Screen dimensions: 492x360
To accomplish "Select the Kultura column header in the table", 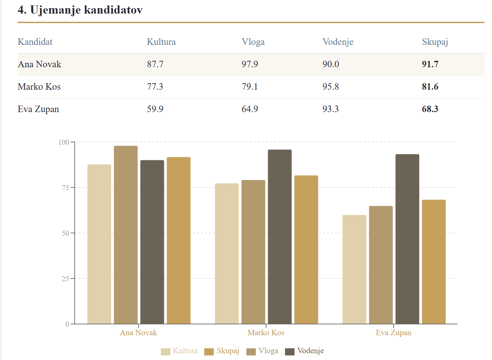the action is (161, 42).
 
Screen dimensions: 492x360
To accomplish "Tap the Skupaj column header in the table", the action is (435, 42).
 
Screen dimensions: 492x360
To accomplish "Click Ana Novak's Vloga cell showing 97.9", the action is (250, 64).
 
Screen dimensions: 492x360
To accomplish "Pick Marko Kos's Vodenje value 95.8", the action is (330, 87).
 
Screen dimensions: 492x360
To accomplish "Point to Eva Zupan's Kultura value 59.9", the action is (155, 109).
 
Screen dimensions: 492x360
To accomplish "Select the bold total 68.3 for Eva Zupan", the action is (430, 109).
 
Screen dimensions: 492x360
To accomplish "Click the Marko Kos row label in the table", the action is (39, 87).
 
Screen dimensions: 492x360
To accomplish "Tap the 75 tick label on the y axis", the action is (65, 188).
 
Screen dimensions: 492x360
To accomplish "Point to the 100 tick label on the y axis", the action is (64, 142).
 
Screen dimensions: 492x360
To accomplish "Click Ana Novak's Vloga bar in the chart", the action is (126, 235).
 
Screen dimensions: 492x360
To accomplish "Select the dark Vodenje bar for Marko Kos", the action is (280, 237).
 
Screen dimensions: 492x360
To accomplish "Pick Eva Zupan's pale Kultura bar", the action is (354, 269).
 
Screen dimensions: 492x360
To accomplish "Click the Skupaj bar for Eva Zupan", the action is (434, 262).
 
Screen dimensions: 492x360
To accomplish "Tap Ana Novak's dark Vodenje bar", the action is (152, 242).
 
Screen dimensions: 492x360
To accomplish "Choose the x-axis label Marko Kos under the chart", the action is (266, 332).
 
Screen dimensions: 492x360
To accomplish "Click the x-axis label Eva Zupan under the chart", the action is (393, 333).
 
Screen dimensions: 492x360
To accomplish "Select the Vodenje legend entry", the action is (304, 351).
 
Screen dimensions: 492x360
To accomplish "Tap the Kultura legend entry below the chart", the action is (179, 351).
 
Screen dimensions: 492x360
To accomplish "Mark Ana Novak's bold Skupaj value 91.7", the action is (430, 64).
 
